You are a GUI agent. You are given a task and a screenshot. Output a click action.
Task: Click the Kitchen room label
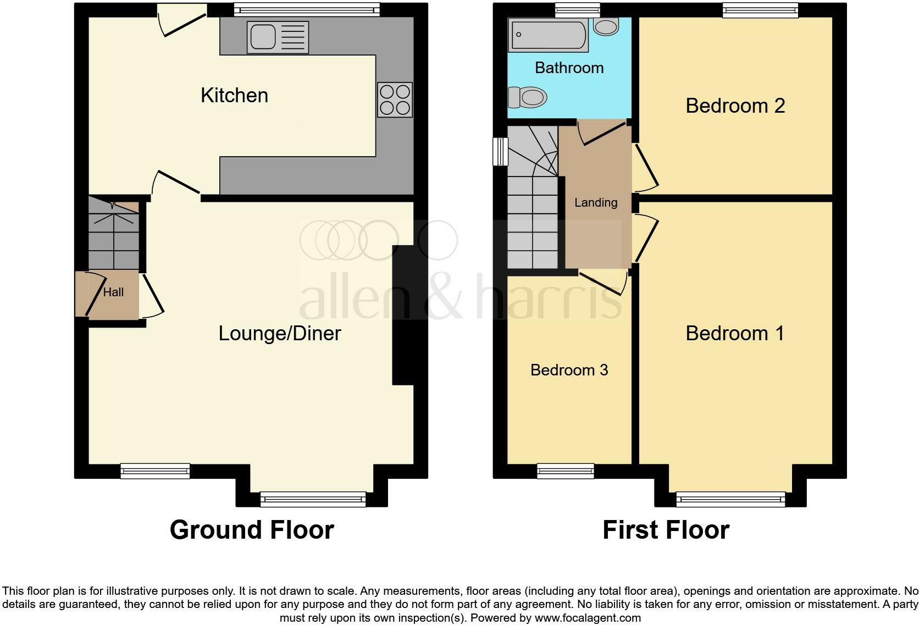point(234,96)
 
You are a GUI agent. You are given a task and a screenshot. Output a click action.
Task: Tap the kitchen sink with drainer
point(278,37)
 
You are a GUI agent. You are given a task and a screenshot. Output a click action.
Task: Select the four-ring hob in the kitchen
point(395,99)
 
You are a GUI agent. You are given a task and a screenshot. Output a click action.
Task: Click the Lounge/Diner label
point(280,334)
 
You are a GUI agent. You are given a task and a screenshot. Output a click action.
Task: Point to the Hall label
point(113,292)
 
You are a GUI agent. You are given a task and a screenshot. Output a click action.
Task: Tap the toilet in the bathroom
point(527,98)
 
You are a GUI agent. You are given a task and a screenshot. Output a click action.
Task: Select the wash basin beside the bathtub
point(606,26)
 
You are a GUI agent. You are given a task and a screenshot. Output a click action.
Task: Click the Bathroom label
point(569,68)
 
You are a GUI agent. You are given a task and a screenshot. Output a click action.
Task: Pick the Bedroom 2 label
point(735,106)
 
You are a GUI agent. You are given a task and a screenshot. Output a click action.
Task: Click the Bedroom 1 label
point(735,334)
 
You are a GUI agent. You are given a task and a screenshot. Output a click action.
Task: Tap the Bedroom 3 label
point(569,370)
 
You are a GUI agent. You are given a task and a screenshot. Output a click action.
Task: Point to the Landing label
point(596,203)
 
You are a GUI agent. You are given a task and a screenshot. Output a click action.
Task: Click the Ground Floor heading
point(252,530)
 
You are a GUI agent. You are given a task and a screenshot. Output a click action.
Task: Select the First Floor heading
point(666,530)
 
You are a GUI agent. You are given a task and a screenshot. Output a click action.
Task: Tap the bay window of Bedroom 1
point(730,499)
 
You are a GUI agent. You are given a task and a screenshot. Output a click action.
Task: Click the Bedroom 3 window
point(566,471)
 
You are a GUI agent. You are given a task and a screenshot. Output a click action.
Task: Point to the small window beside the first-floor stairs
point(500,151)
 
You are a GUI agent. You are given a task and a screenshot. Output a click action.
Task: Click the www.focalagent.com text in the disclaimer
point(587,618)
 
